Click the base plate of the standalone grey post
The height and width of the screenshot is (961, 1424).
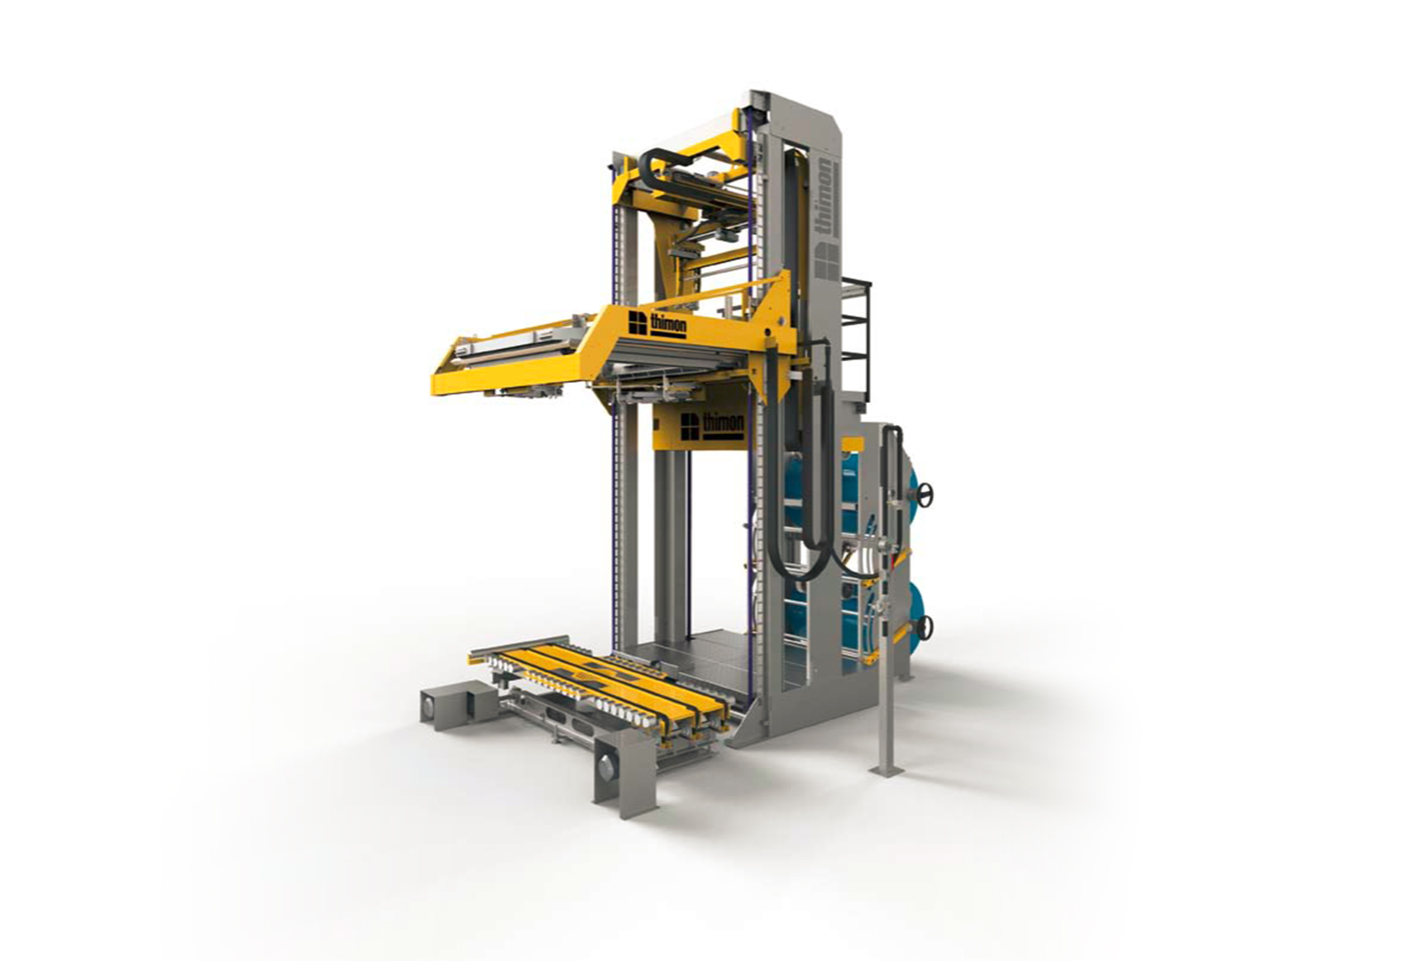(x=887, y=771)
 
